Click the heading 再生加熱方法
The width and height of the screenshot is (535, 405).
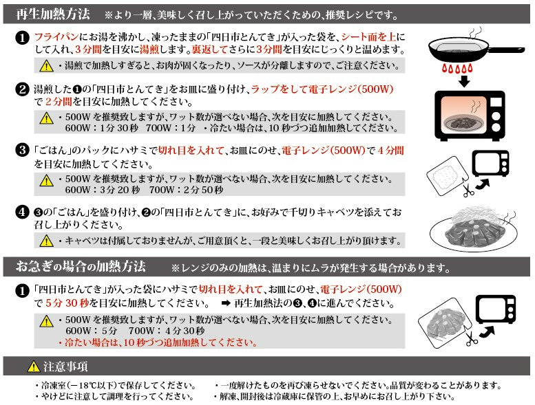pos(53,14)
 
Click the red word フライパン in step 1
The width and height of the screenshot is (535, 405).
pos(56,37)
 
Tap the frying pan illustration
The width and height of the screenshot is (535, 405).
pos(476,47)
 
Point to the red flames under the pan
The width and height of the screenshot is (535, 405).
pos(457,68)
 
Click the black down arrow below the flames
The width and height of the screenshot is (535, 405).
pos(464,81)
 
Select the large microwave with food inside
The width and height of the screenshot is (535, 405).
pos(470,116)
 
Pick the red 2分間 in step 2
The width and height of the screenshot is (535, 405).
pos(59,102)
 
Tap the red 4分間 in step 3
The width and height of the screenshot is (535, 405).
pos(390,150)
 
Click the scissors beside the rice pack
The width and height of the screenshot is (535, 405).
pos(468,188)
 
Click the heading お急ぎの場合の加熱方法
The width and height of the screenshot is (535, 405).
pos(81,266)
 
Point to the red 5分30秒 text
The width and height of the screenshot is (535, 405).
pos(67,303)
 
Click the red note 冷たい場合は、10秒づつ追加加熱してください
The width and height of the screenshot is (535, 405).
pos(158,342)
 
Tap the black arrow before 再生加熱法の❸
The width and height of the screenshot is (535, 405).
pos(226,303)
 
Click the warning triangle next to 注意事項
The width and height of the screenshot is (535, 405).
pos(34,366)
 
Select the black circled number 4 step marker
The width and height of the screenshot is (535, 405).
pos(22,212)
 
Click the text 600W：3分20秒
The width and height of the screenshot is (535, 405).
pos(103,190)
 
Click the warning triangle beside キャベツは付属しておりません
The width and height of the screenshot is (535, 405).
pos(46,241)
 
